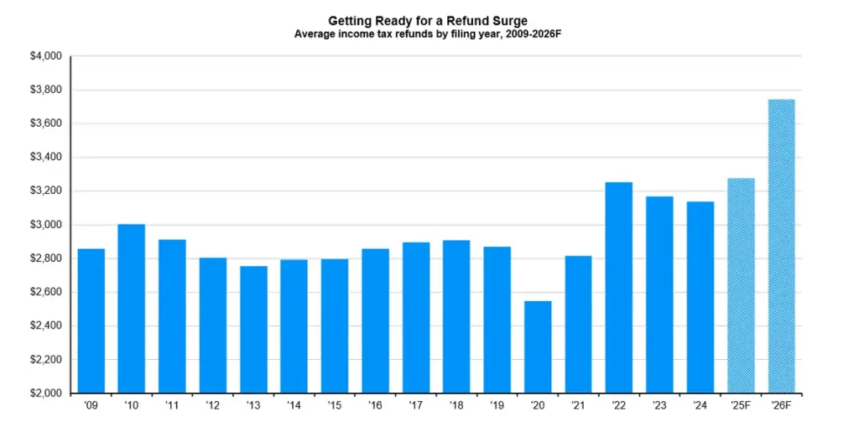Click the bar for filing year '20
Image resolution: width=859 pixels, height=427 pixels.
[538, 346]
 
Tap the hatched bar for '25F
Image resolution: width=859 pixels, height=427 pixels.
[741, 285]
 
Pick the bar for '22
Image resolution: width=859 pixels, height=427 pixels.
[619, 287]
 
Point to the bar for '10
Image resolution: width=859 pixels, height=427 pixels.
[131, 308]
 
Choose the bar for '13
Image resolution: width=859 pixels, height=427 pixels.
[253, 329]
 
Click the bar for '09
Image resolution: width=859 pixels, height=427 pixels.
[91, 320]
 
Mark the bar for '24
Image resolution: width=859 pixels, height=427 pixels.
[700, 297]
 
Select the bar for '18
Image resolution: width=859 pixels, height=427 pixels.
[456, 316]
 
